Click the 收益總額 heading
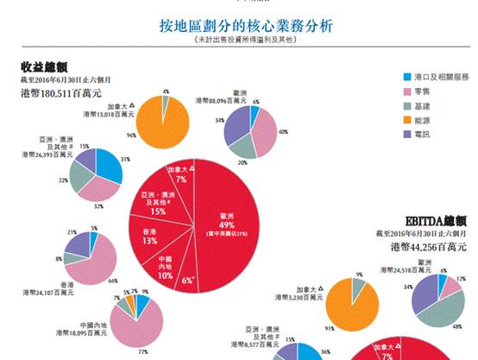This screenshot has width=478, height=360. pyautogui.click(x=45, y=66)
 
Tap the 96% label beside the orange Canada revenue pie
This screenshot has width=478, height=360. pyautogui.click(x=132, y=135)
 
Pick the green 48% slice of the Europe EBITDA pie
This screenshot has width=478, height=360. pyautogui.click(x=445, y=305)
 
